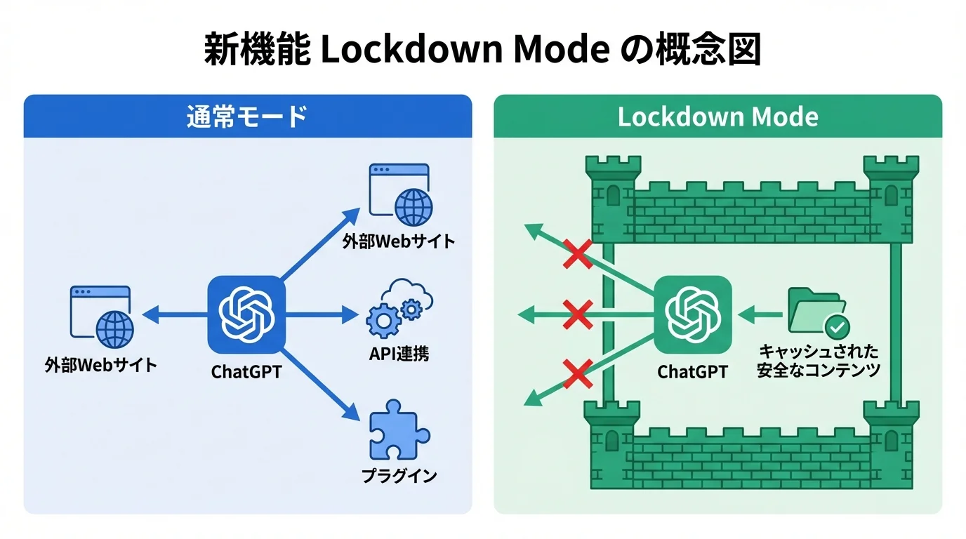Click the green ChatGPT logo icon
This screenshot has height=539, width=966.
[693, 314]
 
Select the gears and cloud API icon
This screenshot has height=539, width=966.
[399, 310]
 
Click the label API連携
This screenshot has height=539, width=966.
[399, 353]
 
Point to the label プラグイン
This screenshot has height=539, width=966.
[399, 475]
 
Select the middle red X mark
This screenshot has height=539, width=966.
[578, 314]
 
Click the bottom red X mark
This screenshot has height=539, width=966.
[578, 373]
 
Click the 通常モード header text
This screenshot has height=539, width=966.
[247, 116]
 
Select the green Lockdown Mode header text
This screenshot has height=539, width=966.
[717, 116]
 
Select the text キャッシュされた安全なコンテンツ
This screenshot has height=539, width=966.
[818, 361]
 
